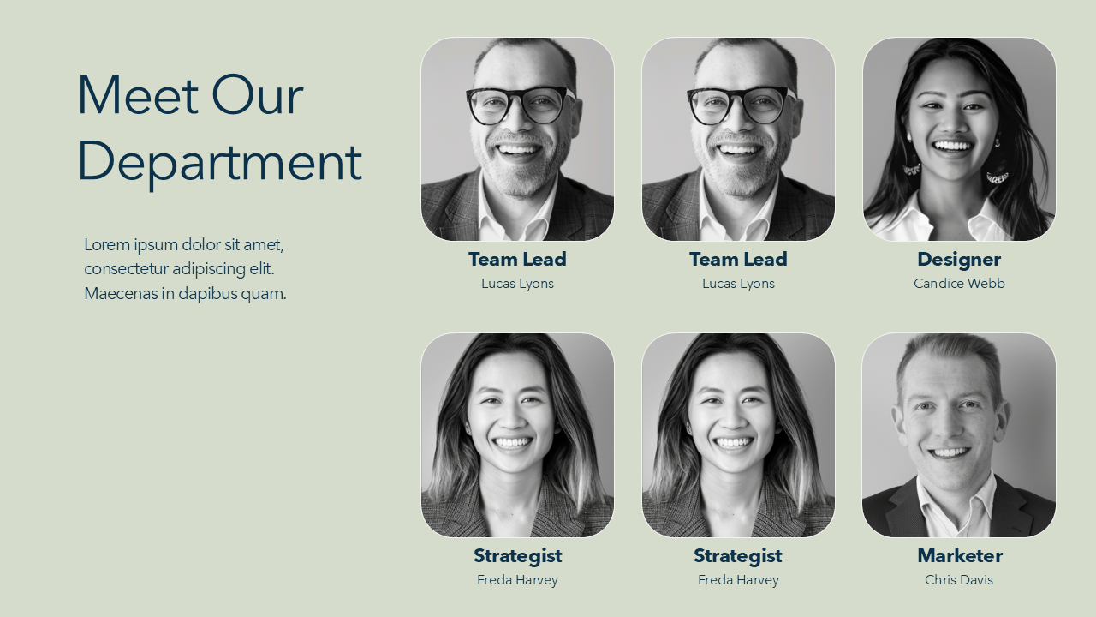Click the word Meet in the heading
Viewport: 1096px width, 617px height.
pos(138,94)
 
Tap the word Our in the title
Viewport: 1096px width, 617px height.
pos(258,94)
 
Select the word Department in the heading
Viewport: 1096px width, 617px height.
pos(220,163)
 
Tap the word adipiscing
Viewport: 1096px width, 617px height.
pos(209,270)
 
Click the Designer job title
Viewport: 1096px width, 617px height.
pos(959,260)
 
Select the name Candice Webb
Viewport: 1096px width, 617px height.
pos(959,284)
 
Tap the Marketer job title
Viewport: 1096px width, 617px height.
pos(960,555)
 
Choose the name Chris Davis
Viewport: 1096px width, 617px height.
pos(959,580)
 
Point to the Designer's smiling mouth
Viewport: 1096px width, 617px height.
pos(951,147)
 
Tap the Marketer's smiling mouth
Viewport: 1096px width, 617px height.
pos(950,453)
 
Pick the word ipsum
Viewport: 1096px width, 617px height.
pos(156,245)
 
